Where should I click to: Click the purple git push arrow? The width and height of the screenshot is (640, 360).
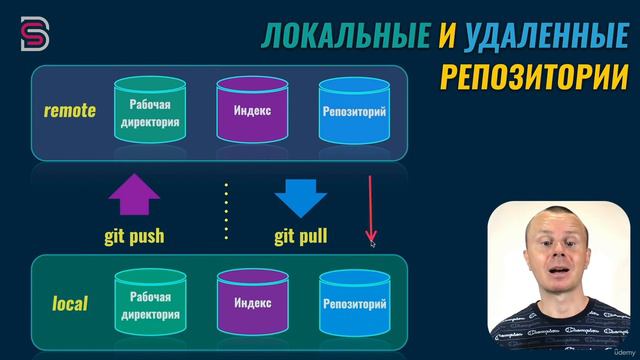click(x=133, y=197)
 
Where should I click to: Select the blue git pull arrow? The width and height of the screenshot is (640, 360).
click(x=301, y=197)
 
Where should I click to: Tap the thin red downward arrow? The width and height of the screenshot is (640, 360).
click(x=371, y=210)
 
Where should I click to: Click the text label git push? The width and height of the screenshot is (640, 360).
click(x=133, y=237)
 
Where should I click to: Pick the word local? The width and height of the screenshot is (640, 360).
click(x=70, y=302)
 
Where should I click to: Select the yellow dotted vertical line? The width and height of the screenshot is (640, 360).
click(x=227, y=210)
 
